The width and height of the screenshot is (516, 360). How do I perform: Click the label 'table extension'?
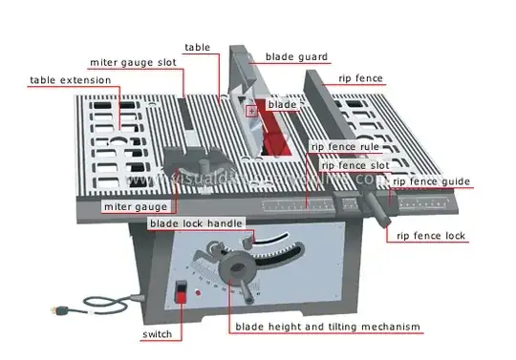point(70,80)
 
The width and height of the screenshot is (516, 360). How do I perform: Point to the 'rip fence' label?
point(361,79)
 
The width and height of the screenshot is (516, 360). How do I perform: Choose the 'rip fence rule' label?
point(346,147)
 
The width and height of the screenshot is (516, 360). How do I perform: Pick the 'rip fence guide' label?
point(432,180)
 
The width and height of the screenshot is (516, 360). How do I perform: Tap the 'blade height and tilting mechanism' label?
point(328,327)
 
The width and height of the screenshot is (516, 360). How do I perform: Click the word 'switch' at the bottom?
point(157,335)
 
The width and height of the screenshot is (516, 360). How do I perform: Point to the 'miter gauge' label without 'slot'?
point(136,205)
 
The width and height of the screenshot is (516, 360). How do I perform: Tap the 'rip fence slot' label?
point(352,164)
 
